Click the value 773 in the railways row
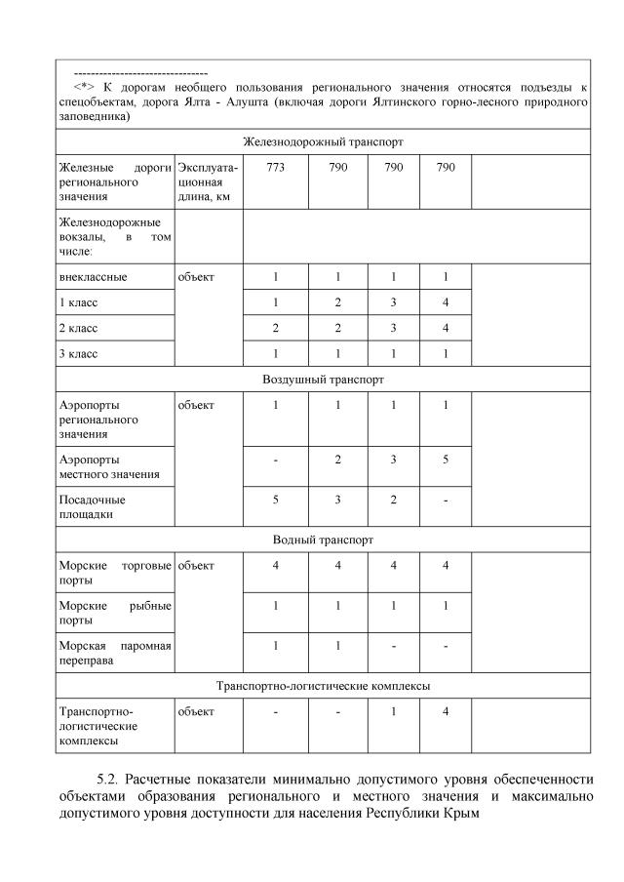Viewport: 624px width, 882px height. (275, 168)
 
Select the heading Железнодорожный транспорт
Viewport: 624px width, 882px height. (323, 141)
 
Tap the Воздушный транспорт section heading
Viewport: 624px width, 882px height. (323, 379)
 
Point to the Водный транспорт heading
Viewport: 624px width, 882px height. (323, 540)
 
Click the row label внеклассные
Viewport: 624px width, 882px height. (94, 277)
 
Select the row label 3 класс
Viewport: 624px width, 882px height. (78, 352)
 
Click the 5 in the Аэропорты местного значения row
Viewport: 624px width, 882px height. (445, 459)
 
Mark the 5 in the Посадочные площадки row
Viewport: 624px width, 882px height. (275, 500)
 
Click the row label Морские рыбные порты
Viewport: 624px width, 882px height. (115, 613)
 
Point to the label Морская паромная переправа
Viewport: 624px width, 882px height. (115, 653)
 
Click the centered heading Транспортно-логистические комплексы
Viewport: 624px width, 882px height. (323, 686)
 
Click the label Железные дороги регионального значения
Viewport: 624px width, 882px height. (115, 182)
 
